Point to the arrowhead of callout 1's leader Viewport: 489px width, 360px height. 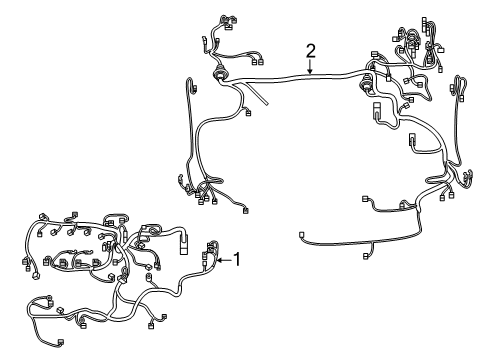(x=218, y=261)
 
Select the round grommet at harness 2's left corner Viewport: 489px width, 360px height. (x=220, y=75)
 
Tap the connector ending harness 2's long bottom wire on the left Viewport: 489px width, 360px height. (x=302, y=237)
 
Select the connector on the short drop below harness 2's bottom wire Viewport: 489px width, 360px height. (x=366, y=256)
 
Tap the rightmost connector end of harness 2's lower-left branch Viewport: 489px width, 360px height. (x=245, y=209)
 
